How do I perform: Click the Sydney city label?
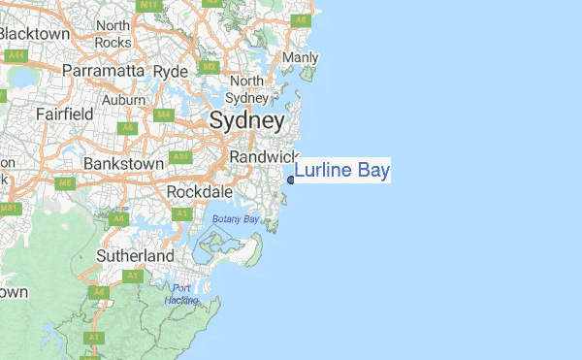point(247,122)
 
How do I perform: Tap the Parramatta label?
point(103,71)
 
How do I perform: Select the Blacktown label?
point(35,35)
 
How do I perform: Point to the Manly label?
point(300,58)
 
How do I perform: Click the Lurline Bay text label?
point(342,172)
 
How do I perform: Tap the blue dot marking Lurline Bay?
point(291,178)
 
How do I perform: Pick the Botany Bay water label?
point(236,219)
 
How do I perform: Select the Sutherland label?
point(135,255)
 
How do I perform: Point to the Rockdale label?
point(198,191)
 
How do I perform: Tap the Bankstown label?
point(123,164)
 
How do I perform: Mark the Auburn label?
point(124,100)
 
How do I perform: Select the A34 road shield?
point(179,156)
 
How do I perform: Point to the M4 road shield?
point(163,115)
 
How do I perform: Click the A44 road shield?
point(16,56)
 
